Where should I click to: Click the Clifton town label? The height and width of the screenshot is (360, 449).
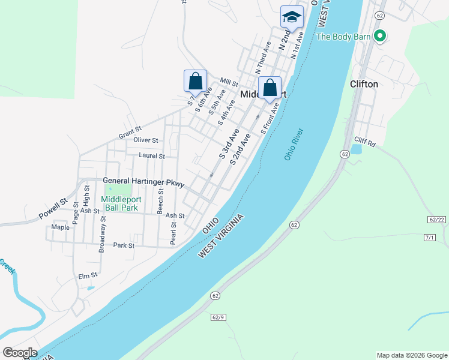(364, 84)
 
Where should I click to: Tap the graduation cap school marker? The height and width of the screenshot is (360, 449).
(292, 17)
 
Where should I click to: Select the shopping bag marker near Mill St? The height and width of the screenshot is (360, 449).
(195, 80)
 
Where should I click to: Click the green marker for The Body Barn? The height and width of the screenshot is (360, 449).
(379, 37)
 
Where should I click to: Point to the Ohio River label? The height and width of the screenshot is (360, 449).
(294, 144)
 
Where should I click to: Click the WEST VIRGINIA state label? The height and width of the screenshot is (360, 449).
(222, 236)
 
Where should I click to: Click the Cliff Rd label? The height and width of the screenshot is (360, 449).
(364, 143)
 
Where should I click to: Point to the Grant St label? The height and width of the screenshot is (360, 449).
(130, 132)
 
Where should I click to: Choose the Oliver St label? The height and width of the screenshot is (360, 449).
(146, 140)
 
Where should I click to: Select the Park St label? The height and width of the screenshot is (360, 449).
(124, 245)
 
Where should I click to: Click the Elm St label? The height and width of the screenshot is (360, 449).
(88, 276)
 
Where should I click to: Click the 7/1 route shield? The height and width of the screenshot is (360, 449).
(429, 238)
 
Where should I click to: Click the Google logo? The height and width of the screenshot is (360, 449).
(19, 353)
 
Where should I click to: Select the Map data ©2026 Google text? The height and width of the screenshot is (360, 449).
(412, 355)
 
